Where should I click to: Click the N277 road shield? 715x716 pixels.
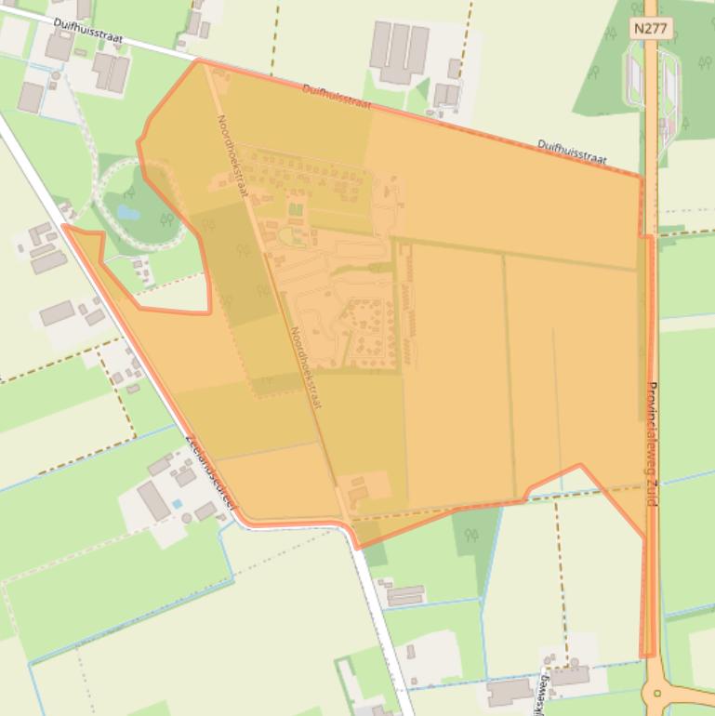click(649, 29)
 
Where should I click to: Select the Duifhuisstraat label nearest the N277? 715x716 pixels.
click(572, 152)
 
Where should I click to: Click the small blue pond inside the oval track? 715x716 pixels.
click(127, 213)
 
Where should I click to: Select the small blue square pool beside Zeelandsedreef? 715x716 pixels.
click(177, 504)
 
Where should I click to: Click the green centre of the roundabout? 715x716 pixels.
click(658, 693)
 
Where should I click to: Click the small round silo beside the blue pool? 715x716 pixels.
click(186, 517)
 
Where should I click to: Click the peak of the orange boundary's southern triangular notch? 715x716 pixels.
click(581, 464)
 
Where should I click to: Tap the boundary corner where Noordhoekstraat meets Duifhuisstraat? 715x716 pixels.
click(199, 61)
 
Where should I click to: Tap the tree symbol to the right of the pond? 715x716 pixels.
click(166, 219)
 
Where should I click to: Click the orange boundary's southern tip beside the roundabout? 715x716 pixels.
click(648, 656)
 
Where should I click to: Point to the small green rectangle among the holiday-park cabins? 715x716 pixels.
click(296, 209)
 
